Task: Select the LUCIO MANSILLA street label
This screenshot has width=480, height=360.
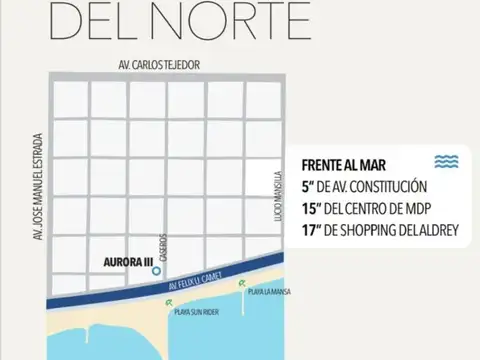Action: click(x=282, y=199)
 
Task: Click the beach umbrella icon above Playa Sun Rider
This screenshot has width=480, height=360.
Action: click(x=175, y=300)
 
